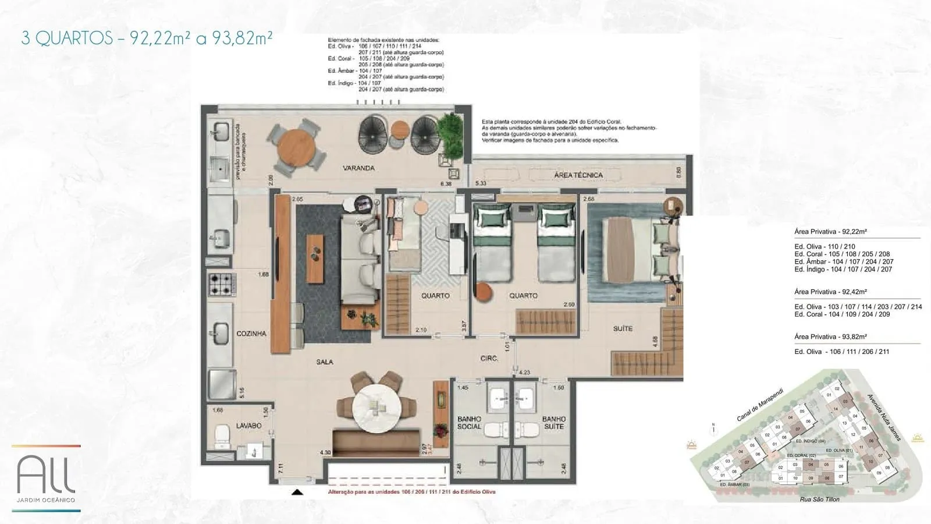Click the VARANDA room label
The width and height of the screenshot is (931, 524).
[358, 168]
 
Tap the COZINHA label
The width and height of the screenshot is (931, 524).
[251, 334]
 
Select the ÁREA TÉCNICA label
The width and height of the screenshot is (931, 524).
[578, 175]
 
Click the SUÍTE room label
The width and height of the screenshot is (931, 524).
[623, 329]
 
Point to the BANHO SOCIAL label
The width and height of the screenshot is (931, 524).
[469, 423]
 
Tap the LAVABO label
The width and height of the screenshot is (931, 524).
[248, 426]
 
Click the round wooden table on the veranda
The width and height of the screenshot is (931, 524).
[296, 147]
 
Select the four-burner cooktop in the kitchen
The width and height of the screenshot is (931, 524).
[222, 284]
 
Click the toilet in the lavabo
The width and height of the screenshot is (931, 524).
[222, 434]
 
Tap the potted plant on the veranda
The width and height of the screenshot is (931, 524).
[450, 129]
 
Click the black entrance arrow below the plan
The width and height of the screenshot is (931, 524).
[297, 493]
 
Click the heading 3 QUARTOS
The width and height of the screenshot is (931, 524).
[67, 38]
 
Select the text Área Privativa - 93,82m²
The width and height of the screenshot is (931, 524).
[830, 337]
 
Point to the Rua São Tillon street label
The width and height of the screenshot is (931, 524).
[819, 500]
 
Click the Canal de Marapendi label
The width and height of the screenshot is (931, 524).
[760, 405]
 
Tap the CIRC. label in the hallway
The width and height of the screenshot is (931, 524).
[489, 359]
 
